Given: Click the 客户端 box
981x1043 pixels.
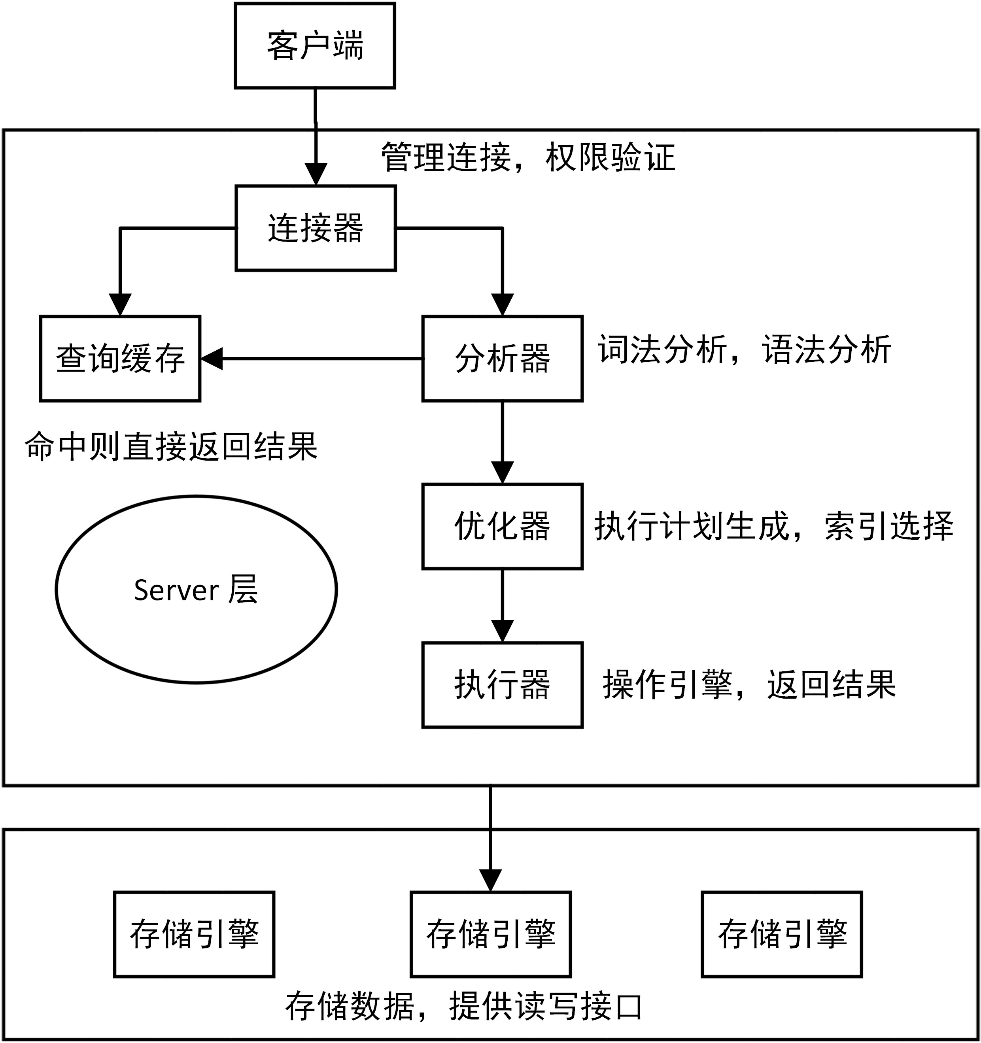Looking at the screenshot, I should pos(315,45).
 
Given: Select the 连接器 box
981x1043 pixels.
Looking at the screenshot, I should pos(315,228).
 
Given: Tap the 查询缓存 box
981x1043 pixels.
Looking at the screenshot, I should pos(120,359).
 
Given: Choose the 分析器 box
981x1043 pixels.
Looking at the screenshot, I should pos(502,359).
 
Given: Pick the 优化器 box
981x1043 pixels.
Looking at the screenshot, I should pos(502,526).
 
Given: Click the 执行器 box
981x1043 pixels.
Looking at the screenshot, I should pos(502,685).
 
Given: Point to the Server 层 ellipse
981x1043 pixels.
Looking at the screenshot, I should pos(196,589).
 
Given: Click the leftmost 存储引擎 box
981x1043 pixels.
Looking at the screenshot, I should pos(194,934).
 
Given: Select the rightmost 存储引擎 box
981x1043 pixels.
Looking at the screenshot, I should pos(782,934).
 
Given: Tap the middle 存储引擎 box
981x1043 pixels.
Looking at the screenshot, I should pos(490,934).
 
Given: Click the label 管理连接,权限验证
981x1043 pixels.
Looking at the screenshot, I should pos(527,157).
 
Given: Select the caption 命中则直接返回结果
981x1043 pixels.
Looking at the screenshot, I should pos(171,446).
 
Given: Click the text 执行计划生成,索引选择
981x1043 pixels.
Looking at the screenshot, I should pos(773,526).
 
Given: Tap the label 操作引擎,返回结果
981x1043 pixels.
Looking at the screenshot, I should pos(749,685).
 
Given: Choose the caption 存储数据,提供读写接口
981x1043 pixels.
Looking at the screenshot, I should pos(464,1006).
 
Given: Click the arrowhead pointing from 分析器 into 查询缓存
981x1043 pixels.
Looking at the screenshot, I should pos(212,359).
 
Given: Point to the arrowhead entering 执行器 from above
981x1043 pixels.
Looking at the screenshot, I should pos(502,631).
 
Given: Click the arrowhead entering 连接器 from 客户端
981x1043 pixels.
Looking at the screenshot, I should pos(316,174).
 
